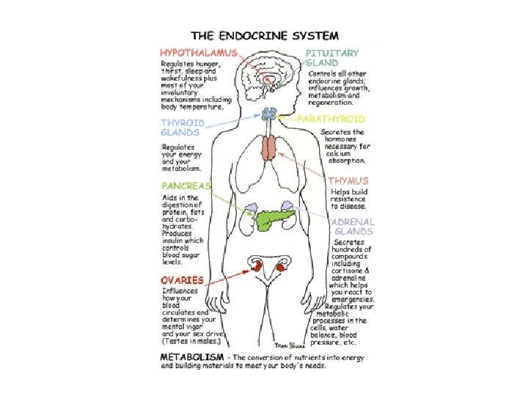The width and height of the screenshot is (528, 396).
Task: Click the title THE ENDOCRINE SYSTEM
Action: coord(265,34)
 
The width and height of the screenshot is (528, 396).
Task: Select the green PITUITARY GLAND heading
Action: coord(331,58)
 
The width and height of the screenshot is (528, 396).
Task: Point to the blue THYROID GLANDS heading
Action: coord(183,128)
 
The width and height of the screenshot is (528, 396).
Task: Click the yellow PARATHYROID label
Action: coord(331,118)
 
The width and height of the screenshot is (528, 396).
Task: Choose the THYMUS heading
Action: coord(348,180)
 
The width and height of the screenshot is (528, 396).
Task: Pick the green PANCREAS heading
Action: coord(186,186)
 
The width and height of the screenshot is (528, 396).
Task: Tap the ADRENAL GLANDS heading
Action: coord(352,226)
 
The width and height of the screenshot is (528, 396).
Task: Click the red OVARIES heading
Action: coord(183,280)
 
